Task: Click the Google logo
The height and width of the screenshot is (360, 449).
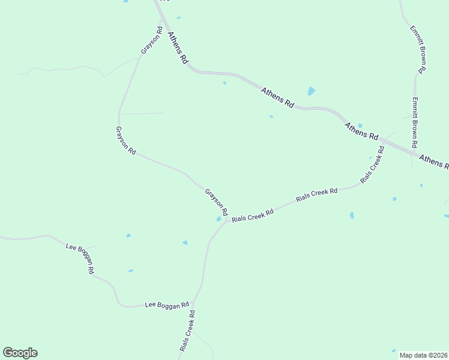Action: pos(20,353)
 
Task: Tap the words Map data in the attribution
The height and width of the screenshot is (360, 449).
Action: pos(412,355)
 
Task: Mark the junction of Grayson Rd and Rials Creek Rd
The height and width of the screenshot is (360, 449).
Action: pos(227,218)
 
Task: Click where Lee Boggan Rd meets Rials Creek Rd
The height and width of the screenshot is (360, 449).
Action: pos(193,304)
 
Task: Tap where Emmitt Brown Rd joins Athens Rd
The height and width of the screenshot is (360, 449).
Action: pos(414,154)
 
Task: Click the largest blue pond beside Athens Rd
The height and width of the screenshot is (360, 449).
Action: pos(311,91)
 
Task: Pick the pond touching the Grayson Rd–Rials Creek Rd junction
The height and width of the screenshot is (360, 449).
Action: pos(219,219)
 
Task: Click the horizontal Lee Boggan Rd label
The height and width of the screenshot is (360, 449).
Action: pos(167,305)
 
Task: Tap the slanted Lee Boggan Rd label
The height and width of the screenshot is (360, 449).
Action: pos(80,258)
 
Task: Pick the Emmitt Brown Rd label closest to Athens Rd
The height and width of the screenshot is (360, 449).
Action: pos(414,123)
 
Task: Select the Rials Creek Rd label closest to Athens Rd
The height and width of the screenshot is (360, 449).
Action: pos(372,163)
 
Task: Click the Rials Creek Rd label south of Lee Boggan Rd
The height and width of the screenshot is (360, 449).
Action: pos(187,331)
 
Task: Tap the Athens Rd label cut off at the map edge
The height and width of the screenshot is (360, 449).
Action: pos(433,160)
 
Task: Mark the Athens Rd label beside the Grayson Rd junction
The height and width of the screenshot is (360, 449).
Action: pos(178,47)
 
